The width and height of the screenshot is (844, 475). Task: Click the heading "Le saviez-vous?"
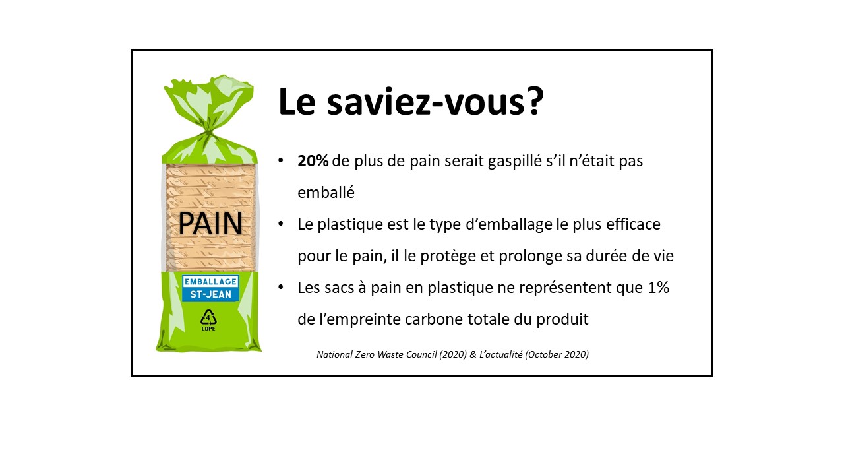[411, 101]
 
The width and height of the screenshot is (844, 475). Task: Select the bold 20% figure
[313, 161]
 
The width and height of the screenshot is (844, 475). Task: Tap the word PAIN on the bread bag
[210, 224]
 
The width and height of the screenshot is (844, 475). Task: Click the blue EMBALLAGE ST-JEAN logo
[210, 288]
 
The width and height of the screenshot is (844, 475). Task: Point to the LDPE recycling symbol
[208, 320]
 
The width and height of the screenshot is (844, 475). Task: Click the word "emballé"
[326, 193]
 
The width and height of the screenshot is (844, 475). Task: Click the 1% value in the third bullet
[658, 288]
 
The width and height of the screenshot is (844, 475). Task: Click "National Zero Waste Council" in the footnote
[377, 354]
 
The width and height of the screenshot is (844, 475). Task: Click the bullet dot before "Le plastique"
[281, 224]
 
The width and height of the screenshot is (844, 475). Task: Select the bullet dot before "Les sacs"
[281, 287]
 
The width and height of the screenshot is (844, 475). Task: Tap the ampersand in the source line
[473, 354]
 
